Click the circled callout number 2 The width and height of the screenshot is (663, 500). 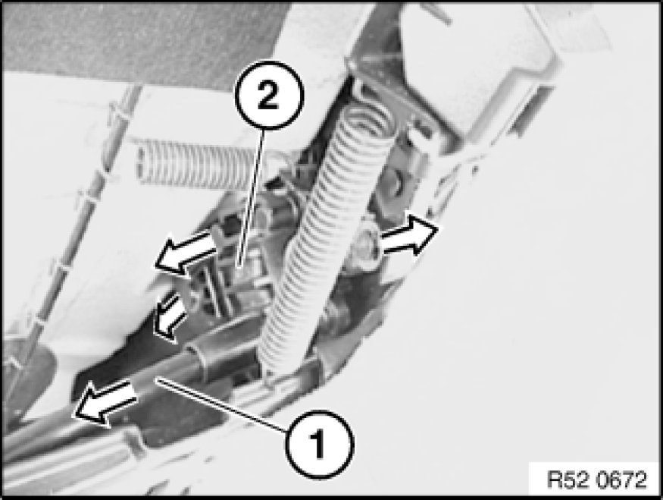[x=269, y=96]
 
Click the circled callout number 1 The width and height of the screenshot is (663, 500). [x=319, y=444]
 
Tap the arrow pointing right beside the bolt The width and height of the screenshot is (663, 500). [x=409, y=234]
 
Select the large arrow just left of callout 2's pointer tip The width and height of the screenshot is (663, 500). [x=186, y=253]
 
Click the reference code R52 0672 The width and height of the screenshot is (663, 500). [x=596, y=480]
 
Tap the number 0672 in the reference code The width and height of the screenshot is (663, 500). [x=622, y=480]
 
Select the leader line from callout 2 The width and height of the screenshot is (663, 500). [x=252, y=198]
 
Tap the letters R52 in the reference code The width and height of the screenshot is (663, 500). [x=570, y=480]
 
